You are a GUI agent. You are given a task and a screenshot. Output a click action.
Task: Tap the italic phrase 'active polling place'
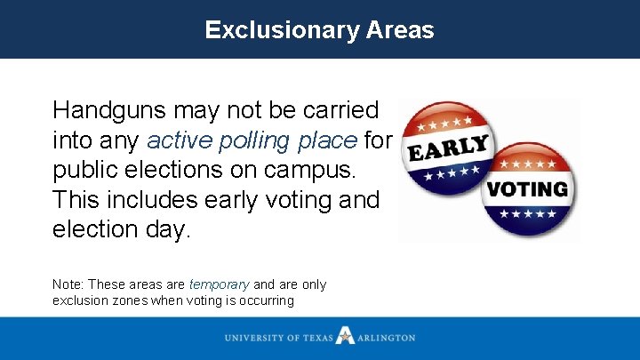[x=252, y=140]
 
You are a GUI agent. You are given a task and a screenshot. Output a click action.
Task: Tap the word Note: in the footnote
[x=68, y=284]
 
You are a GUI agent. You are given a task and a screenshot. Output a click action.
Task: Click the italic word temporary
[x=219, y=284]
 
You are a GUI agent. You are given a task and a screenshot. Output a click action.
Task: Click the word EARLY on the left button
[x=448, y=149]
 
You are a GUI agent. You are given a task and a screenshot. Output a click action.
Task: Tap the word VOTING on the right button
[x=528, y=189]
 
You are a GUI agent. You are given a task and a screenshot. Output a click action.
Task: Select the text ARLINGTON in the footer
[x=387, y=338]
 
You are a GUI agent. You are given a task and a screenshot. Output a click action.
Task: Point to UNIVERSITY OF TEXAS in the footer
[x=279, y=338]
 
